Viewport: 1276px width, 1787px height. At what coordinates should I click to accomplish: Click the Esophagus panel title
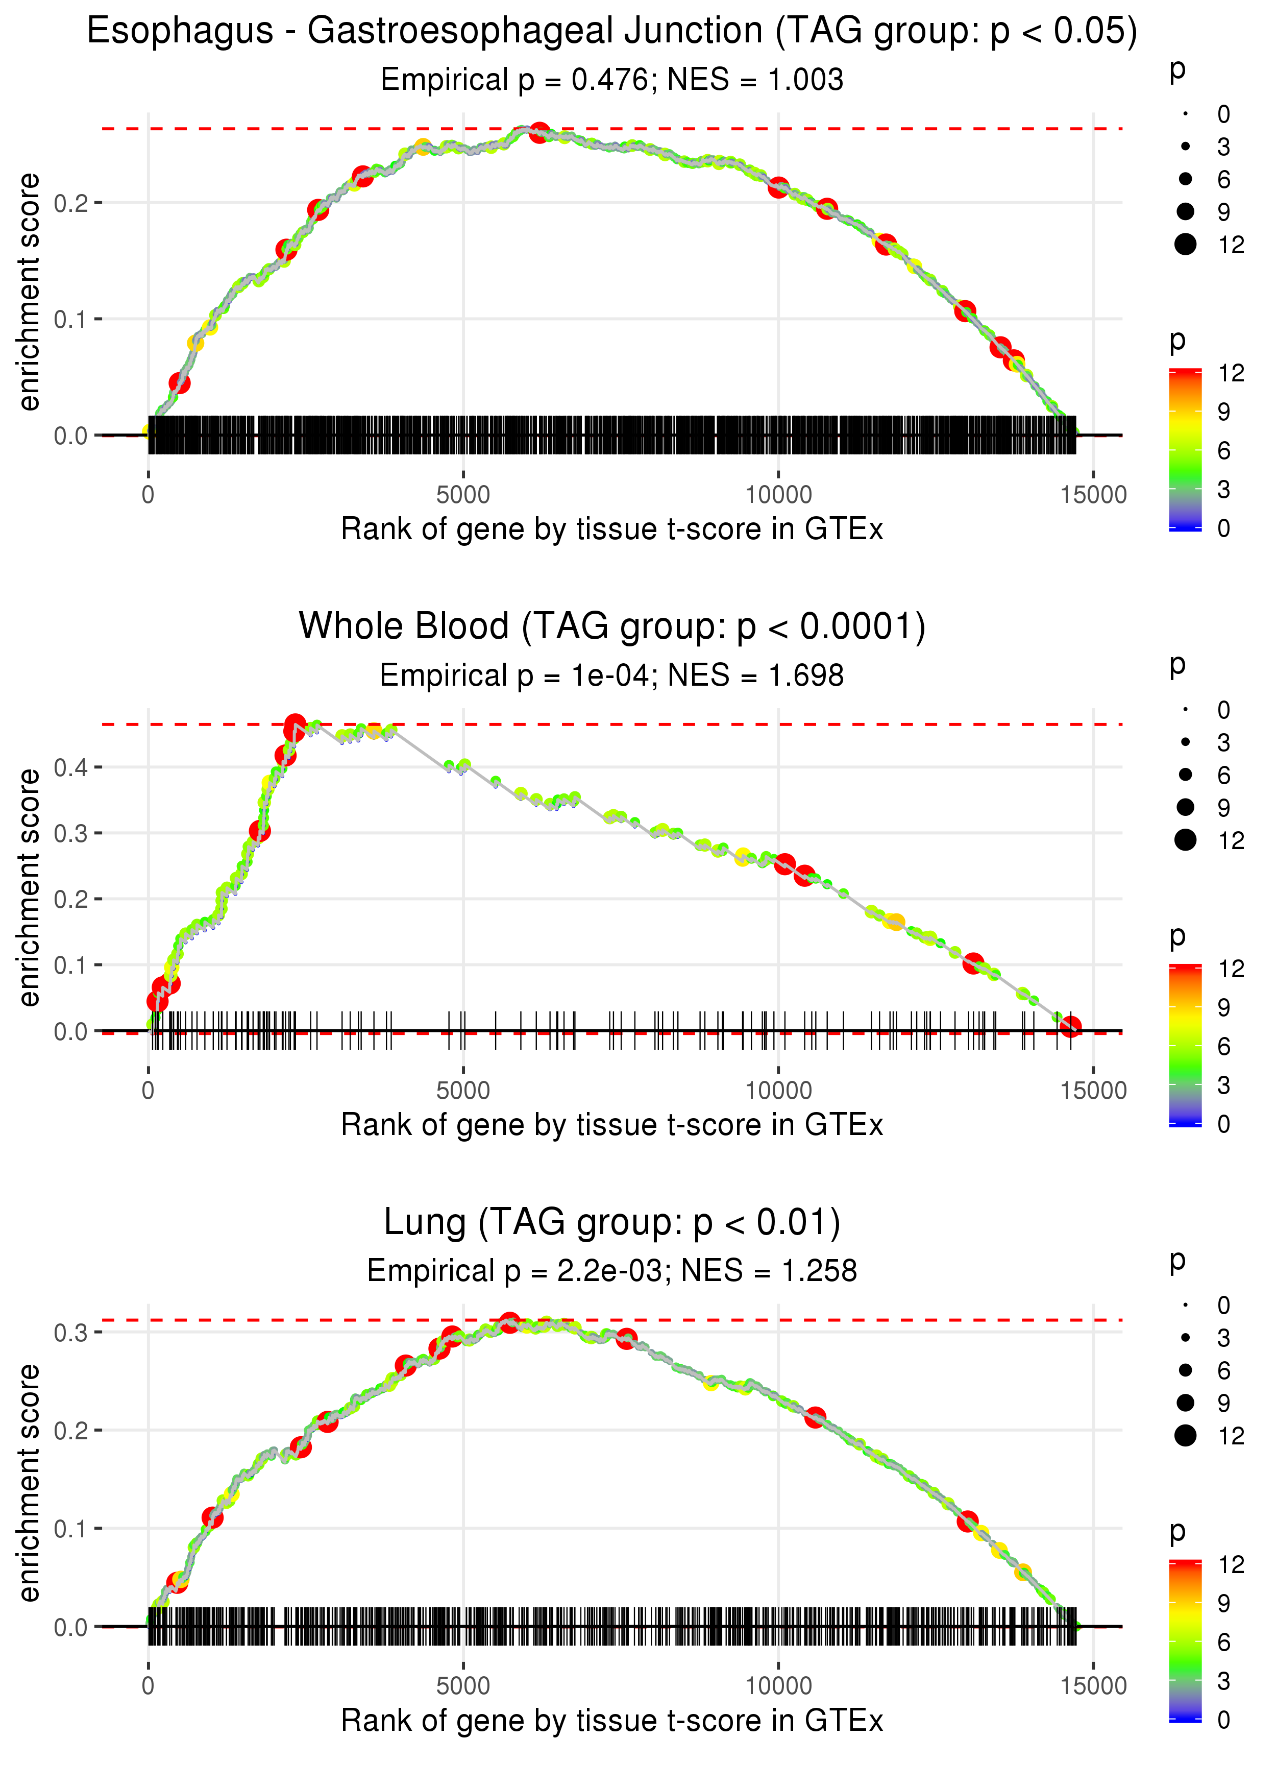click(611, 32)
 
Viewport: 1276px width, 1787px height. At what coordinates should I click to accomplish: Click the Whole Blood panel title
click(611, 626)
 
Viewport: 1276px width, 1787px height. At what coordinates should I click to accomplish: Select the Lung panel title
click(611, 1222)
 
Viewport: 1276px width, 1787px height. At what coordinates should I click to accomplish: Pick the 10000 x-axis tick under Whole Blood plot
click(778, 1090)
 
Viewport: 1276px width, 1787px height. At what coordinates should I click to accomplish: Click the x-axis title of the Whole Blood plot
click(611, 1125)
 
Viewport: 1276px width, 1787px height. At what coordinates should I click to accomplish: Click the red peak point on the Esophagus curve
click(538, 132)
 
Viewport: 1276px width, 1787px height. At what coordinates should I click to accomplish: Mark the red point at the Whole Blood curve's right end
click(1070, 1026)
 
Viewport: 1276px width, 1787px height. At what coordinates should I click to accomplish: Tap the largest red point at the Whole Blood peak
click(295, 726)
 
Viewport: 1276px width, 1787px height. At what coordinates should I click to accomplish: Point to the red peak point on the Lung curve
click(509, 1322)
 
